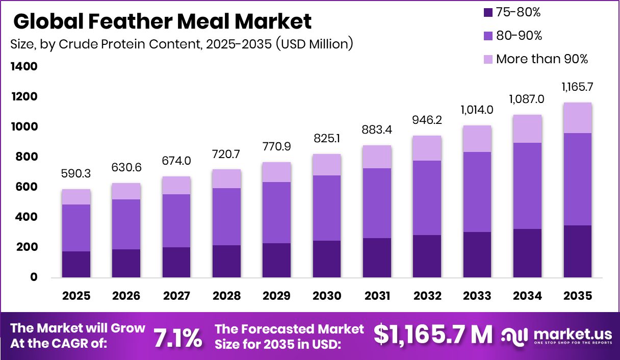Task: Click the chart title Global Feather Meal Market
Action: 162,21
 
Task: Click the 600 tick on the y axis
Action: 27,187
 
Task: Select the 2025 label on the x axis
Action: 76,296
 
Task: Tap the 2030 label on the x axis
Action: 327,296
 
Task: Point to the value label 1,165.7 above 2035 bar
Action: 577,88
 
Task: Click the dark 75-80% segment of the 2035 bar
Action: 577,251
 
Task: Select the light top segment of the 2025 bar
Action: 76,197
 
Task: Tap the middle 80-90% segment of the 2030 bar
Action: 327,208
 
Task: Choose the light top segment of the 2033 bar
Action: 477,139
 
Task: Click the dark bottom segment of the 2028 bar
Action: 227,261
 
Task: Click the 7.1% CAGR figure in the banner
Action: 178,338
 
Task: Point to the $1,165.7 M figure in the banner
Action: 433,335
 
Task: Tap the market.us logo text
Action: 573,334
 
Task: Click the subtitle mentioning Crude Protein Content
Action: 182,44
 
